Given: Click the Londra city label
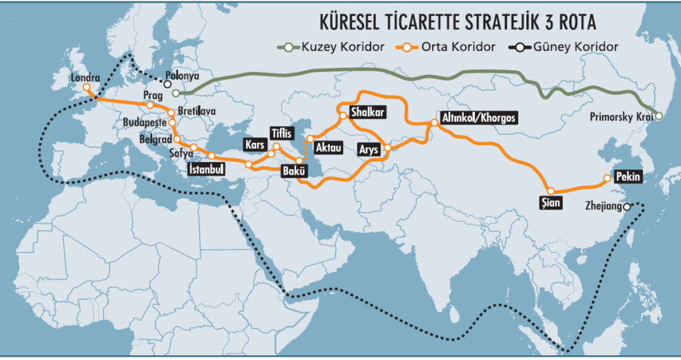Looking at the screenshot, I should (x=85, y=78).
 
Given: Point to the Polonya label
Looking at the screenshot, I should (x=182, y=78).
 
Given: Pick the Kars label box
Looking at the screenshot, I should (x=255, y=146).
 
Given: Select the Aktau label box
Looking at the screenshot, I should (x=328, y=147).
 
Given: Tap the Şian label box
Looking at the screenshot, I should (x=552, y=203).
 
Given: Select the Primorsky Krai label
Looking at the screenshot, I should (x=621, y=117).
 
